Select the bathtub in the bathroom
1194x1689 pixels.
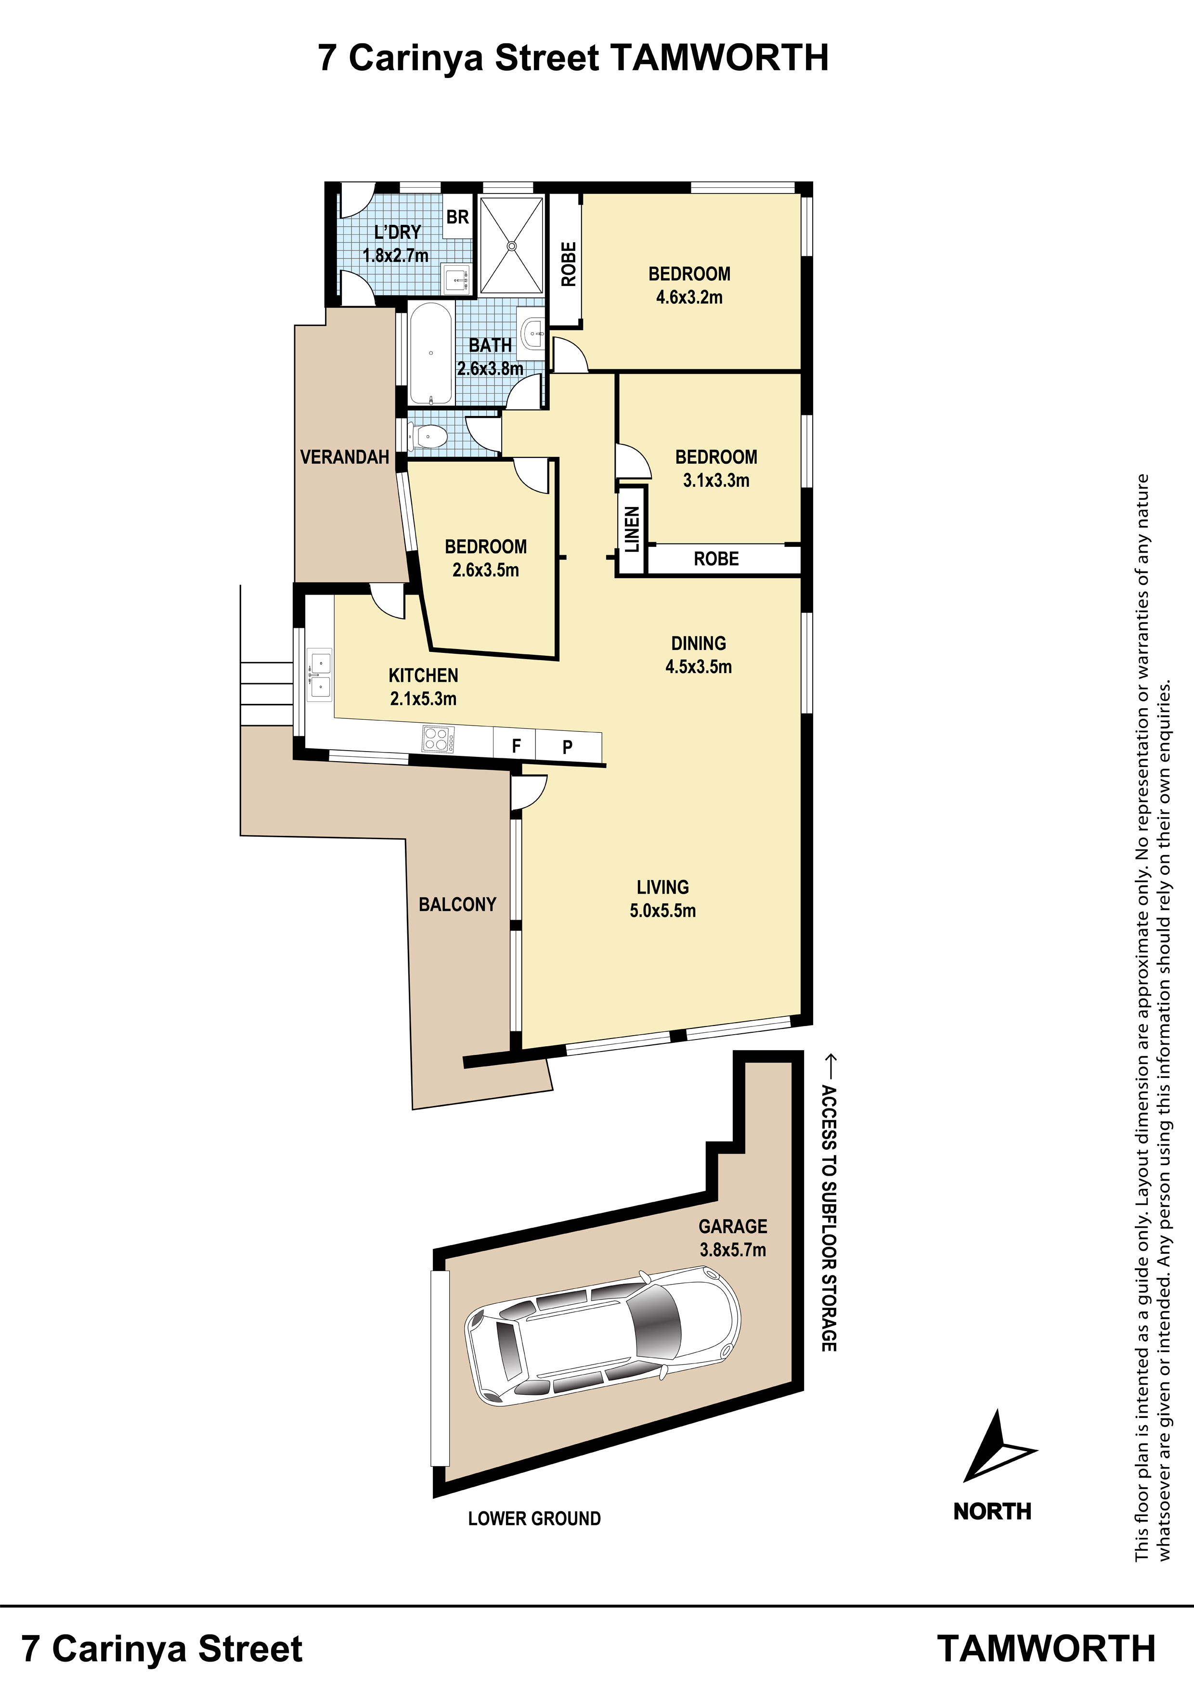(x=430, y=354)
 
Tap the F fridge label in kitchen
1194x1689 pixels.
(x=517, y=746)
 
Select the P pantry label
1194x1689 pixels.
(x=567, y=747)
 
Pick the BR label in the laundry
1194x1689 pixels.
(x=457, y=217)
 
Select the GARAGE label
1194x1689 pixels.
(x=733, y=1226)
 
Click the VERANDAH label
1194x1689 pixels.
(x=344, y=457)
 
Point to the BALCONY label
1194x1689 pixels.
(x=457, y=904)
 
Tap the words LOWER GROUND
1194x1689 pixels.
(x=534, y=1519)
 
